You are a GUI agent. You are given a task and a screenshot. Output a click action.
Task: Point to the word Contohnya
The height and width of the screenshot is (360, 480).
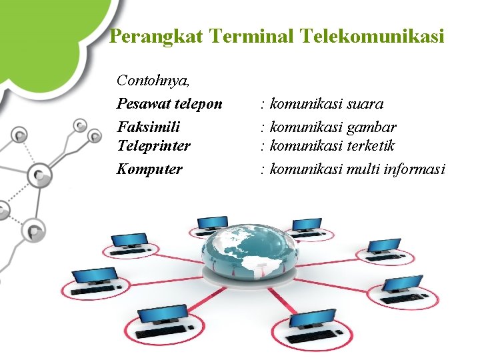[x=153, y=81]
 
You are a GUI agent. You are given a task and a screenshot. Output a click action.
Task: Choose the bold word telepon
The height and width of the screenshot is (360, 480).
[x=199, y=104]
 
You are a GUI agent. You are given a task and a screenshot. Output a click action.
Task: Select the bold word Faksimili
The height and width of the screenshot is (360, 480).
[x=149, y=127]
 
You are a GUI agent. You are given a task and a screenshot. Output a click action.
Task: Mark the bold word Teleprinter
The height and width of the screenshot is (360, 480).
[x=153, y=145]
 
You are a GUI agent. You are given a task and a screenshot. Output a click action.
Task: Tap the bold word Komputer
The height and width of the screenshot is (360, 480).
[x=149, y=169]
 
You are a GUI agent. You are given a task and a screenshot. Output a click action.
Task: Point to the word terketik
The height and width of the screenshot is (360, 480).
[x=370, y=145]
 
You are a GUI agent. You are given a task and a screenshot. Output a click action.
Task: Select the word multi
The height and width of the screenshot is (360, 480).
[x=363, y=169]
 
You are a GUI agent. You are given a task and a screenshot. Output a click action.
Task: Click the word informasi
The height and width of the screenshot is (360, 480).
[x=415, y=169]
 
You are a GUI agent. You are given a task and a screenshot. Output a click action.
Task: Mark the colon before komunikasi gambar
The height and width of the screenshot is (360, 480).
[x=264, y=127]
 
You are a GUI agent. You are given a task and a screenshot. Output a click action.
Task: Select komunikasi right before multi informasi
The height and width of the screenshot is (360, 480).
[x=305, y=169]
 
